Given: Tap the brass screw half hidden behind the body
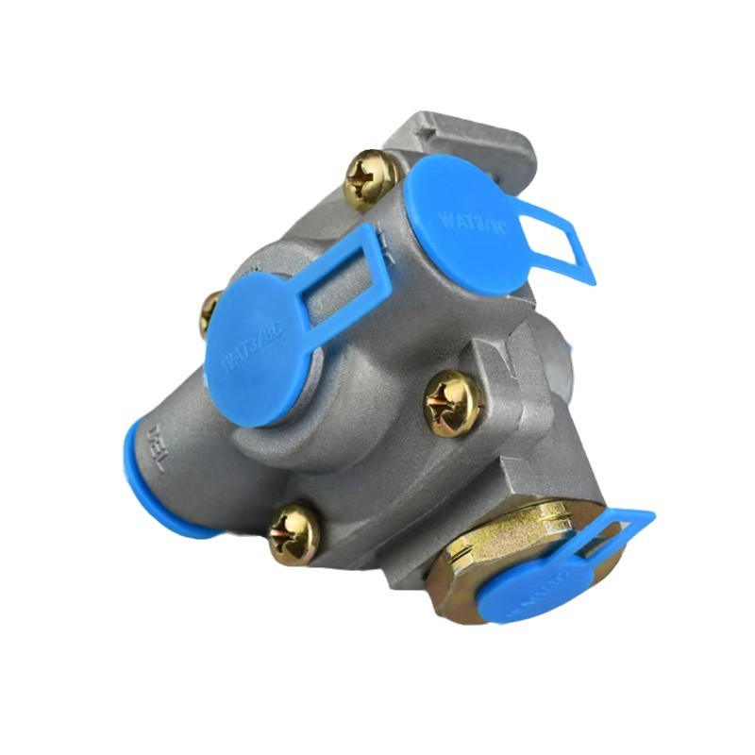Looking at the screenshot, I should coord(209,312).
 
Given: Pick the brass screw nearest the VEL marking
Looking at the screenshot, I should coord(294,533).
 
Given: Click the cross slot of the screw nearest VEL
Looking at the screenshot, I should coord(294,533).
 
